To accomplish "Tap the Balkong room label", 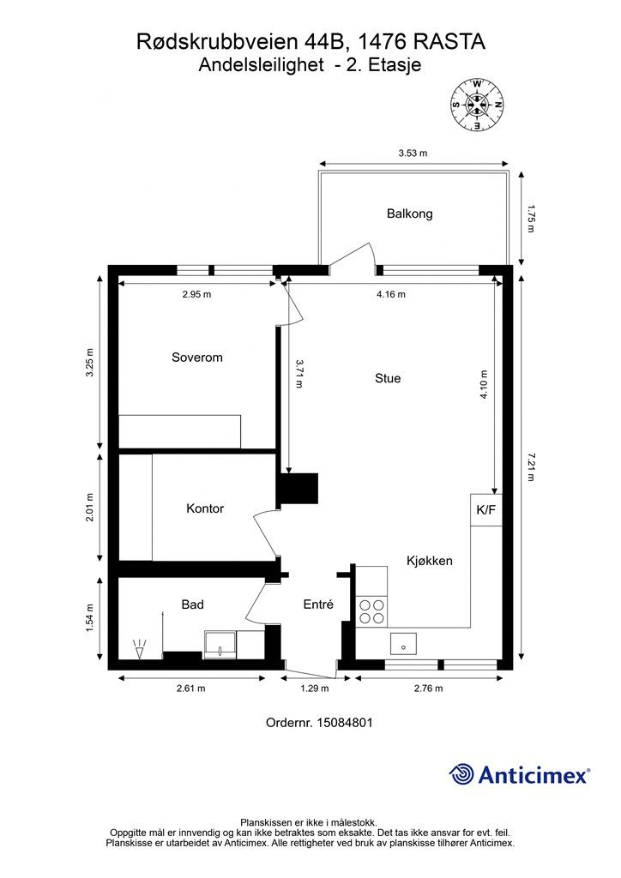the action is [x=409, y=213].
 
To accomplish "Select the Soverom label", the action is [x=197, y=358].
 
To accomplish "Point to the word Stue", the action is [x=388, y=378].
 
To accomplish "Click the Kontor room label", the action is [x=205, y=508].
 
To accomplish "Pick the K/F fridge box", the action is [x=486, y=509].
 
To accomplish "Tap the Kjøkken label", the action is [x=430, y=561].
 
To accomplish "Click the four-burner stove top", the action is [x=371, y=611].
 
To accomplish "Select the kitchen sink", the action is [x=403, y=643].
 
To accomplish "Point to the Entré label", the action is [x=318, y=604].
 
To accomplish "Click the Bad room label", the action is [x=192, y=604].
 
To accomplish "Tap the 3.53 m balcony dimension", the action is [x=413, y=153].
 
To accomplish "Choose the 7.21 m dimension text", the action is [x=531, y=467].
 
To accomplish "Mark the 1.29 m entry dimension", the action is [x=315, y=689].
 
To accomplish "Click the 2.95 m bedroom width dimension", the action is [x=196, y=294].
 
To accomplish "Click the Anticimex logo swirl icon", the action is [x=461, y=774].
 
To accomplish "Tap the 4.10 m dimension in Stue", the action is [x=484, y=385].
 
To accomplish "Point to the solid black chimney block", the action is [x=298, y=489].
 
